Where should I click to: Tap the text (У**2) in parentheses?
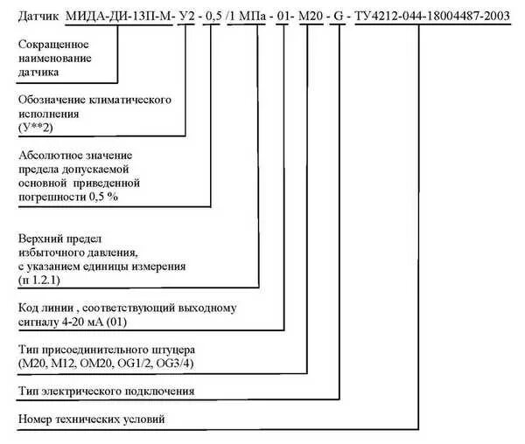click(x=36, y=128)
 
